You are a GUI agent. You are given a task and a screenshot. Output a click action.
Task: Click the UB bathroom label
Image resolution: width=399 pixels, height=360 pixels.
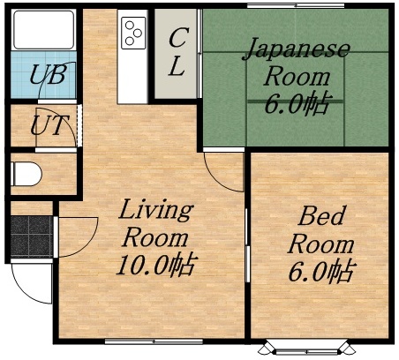[46, 75]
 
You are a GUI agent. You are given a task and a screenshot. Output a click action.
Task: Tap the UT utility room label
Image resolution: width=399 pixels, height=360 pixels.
[46, 124]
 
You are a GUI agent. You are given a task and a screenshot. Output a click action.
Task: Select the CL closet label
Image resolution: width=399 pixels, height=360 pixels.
[177, 53]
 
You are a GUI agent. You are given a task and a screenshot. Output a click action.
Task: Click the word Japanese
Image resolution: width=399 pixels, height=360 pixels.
[296, 48]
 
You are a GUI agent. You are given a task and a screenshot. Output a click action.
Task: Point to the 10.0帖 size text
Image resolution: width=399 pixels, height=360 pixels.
[156, 264]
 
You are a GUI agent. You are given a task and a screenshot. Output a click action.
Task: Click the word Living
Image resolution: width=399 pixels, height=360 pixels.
[155, 211]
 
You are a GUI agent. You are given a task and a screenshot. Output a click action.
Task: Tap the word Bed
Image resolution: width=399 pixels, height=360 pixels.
[320, 215]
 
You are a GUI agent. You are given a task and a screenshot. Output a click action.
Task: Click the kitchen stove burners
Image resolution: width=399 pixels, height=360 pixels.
[133, 32]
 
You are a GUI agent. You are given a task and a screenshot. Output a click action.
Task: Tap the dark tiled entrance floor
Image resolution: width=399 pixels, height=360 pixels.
[31, 233]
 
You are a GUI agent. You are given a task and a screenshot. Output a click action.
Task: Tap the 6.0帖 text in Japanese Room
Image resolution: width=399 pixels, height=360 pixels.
[296, 104]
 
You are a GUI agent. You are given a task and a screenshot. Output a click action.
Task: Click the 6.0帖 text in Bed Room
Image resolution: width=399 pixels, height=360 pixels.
[320, 270]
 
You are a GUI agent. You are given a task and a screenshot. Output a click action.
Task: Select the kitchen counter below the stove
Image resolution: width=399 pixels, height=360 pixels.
[133, 75]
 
